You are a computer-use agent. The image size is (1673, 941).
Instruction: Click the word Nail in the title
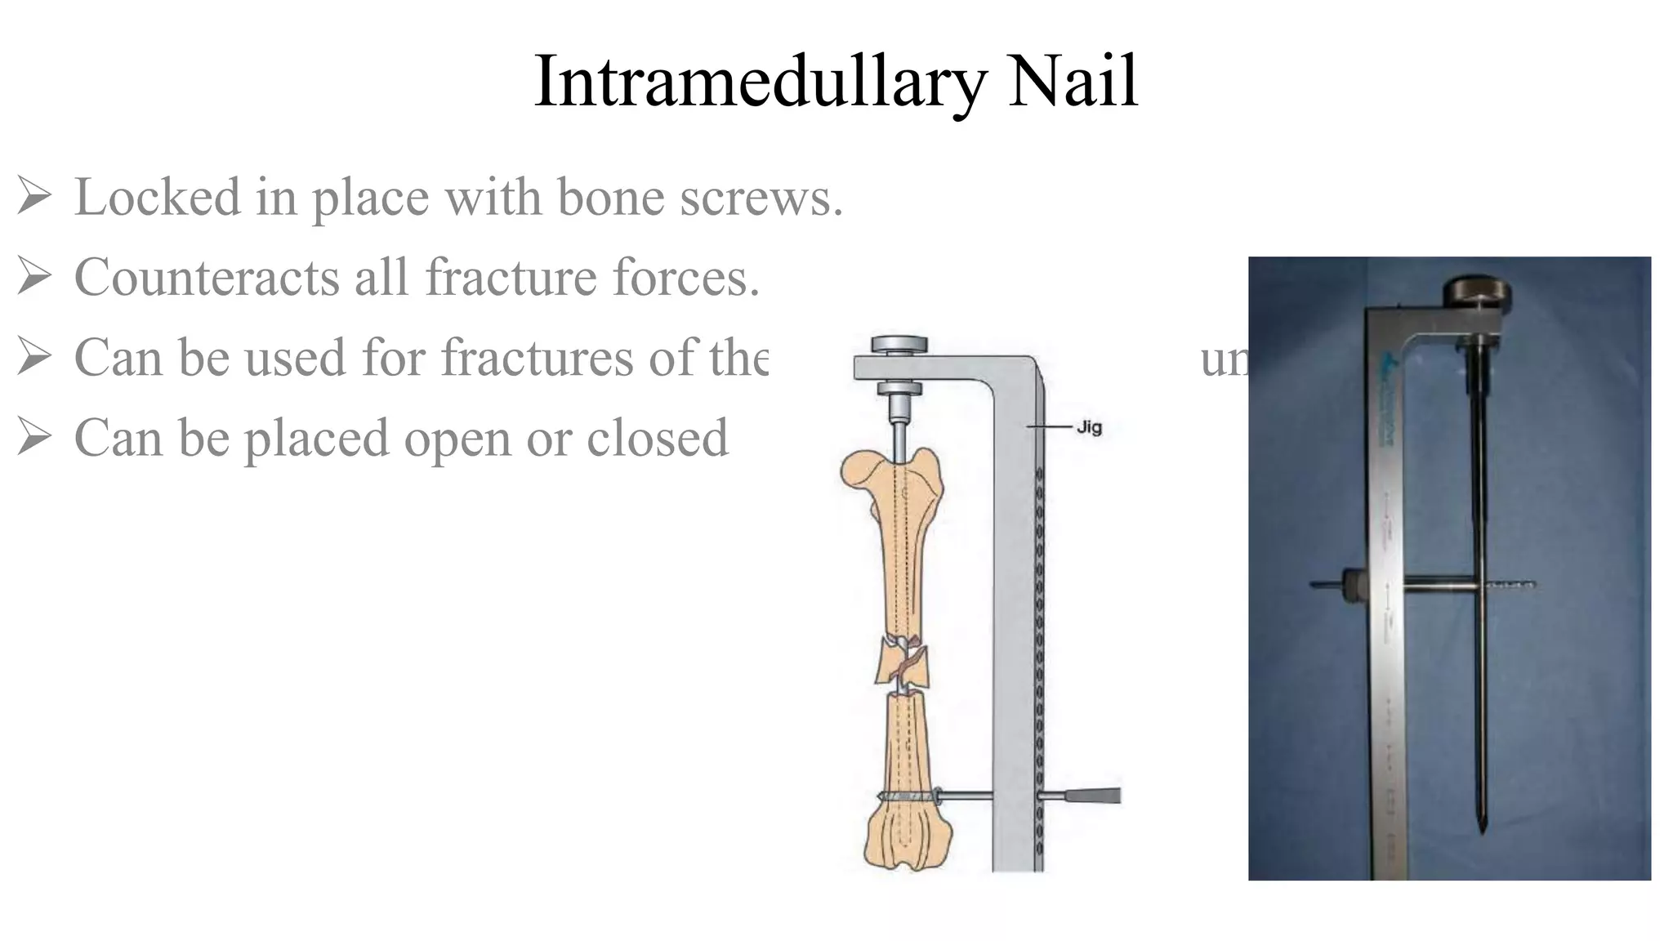pyautogui.click(x=1073, y=82)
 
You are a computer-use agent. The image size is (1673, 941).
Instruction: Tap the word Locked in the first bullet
pyautogui.click(x=158, y=198)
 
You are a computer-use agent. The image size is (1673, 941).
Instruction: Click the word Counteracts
pyautogui.click(x=206, y=278)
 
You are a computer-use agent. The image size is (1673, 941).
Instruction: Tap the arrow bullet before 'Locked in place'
pyautogui.click(x=34, y=198)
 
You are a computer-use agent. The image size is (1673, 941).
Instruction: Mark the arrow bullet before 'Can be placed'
pyautogui.click(x=34, y=438)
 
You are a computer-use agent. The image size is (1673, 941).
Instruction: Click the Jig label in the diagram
pyautogui.click(x=1089, y=427)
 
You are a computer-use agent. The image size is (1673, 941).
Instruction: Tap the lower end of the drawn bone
pyautogui.click(x=908, y=841)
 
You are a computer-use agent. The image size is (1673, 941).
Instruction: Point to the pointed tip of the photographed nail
pyautogui.click(x=1481, y=829)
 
